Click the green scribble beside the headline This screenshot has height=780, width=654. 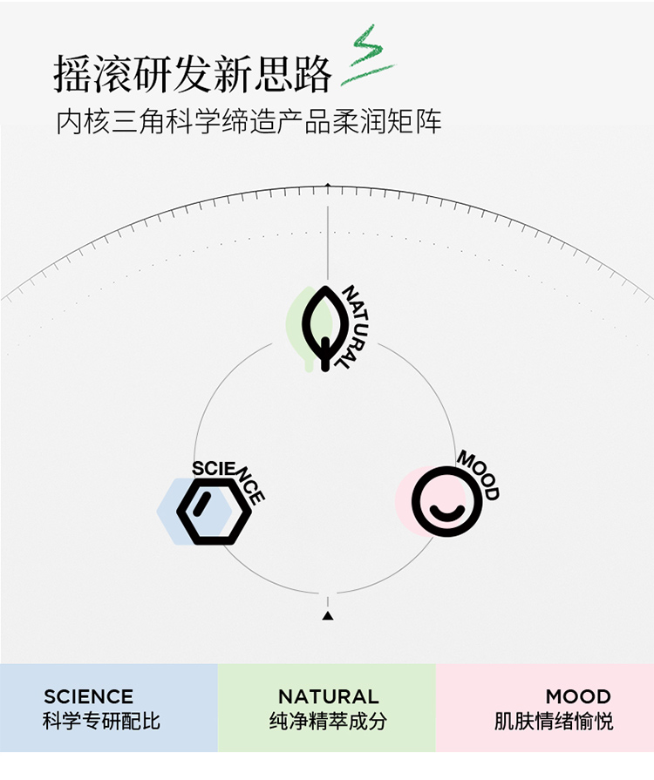[370, 56]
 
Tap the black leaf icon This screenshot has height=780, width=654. [325, 329]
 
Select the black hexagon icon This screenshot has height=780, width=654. [215, 512]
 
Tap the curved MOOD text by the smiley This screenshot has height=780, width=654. [479, 474]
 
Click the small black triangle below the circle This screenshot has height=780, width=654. [328, 616]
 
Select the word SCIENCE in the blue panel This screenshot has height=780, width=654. [88, 696]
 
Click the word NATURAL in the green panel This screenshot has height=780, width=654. [329, 696]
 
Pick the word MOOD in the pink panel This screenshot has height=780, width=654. [578, 696]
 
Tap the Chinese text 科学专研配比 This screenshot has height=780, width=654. [101, 721]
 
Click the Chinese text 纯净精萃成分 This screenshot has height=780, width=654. [328, 721]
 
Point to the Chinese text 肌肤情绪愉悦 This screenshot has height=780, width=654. [554, 721]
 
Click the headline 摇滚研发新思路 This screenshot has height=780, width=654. [193, 74]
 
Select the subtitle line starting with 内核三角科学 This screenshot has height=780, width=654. [249, 122]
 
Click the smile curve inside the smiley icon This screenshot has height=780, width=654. [446, 512]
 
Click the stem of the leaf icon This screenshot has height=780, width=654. [325, 354]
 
